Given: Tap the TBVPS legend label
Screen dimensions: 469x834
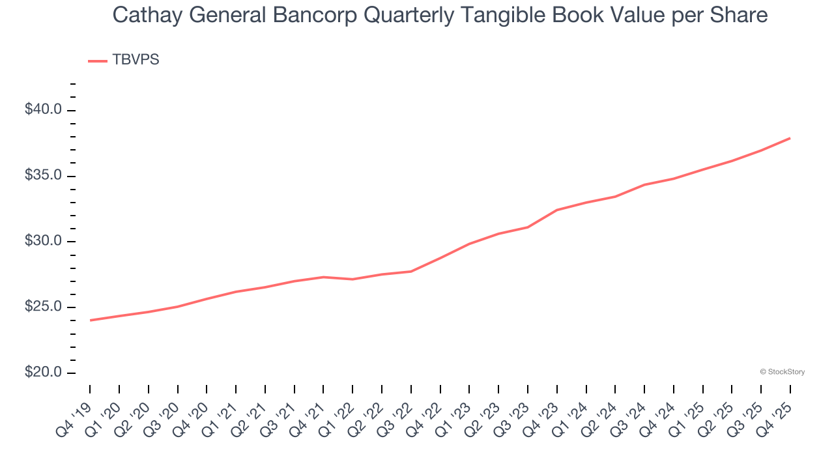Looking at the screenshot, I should [136, 60].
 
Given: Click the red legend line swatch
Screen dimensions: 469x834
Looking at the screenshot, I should [98, 61].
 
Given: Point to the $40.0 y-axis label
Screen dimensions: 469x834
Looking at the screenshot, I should [43, 109].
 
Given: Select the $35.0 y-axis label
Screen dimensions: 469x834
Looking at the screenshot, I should [43, 176].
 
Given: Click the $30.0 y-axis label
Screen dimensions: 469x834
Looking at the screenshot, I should [43, 242].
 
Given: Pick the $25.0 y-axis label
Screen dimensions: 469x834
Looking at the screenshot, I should [43, 307].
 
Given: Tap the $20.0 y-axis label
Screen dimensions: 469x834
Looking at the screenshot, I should [43, 373].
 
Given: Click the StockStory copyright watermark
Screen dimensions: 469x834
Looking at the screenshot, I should [782, 372].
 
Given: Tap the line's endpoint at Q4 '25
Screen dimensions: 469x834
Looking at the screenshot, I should [790, 138].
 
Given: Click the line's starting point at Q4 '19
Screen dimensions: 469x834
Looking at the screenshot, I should [90, 320].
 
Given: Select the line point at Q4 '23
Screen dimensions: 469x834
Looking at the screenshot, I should [557, 210].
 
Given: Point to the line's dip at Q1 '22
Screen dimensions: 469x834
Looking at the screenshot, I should [352, 279].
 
